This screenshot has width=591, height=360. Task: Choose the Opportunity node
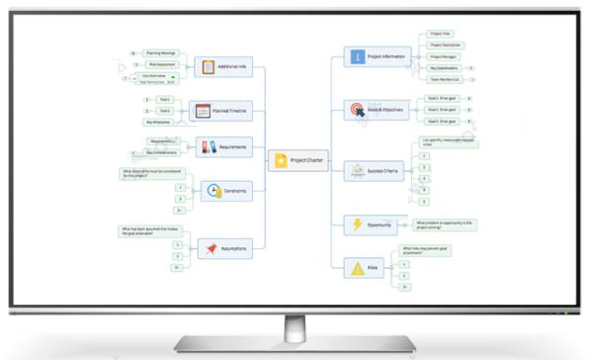376,224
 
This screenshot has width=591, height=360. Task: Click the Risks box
366,266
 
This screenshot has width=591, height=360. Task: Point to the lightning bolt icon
357,224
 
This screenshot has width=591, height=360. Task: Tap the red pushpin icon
211,248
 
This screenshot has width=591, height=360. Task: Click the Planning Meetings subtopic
160,52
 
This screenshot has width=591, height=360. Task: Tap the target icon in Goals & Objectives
356,111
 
